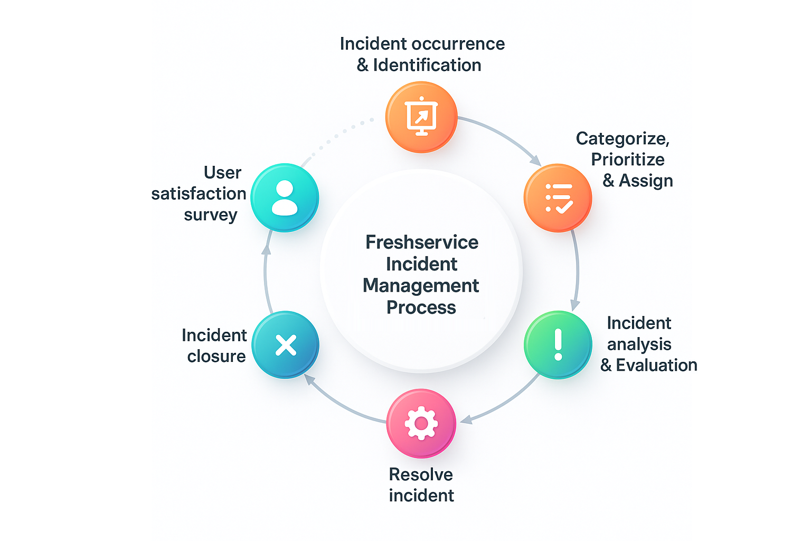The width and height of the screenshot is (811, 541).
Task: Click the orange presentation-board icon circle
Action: point(421,117)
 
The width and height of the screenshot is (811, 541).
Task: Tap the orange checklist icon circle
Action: point(558,198)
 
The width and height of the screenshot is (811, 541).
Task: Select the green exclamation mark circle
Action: point(558,344)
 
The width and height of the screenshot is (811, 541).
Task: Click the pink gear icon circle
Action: point(421,423)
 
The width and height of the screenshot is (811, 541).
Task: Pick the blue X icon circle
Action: point(286,345)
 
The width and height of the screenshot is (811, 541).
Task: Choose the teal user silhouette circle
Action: point(285,198)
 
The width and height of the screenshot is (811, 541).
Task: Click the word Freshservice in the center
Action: point(422,242)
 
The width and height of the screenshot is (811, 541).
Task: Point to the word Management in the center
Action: point(421,285)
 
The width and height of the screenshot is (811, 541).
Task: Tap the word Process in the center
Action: point(421,307)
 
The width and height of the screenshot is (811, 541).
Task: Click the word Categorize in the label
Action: point(622,138)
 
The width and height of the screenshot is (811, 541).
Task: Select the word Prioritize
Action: point(627,160)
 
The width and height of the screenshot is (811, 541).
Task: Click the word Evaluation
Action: point(656,365)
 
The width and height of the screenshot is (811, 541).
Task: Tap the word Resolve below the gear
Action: point(421,474)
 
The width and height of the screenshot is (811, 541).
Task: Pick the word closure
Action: point(216,357)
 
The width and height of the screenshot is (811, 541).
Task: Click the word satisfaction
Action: point(199,194)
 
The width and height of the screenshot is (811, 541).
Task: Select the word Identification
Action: point(427,65)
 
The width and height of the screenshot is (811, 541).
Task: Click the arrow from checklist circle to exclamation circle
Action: point(577,269)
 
